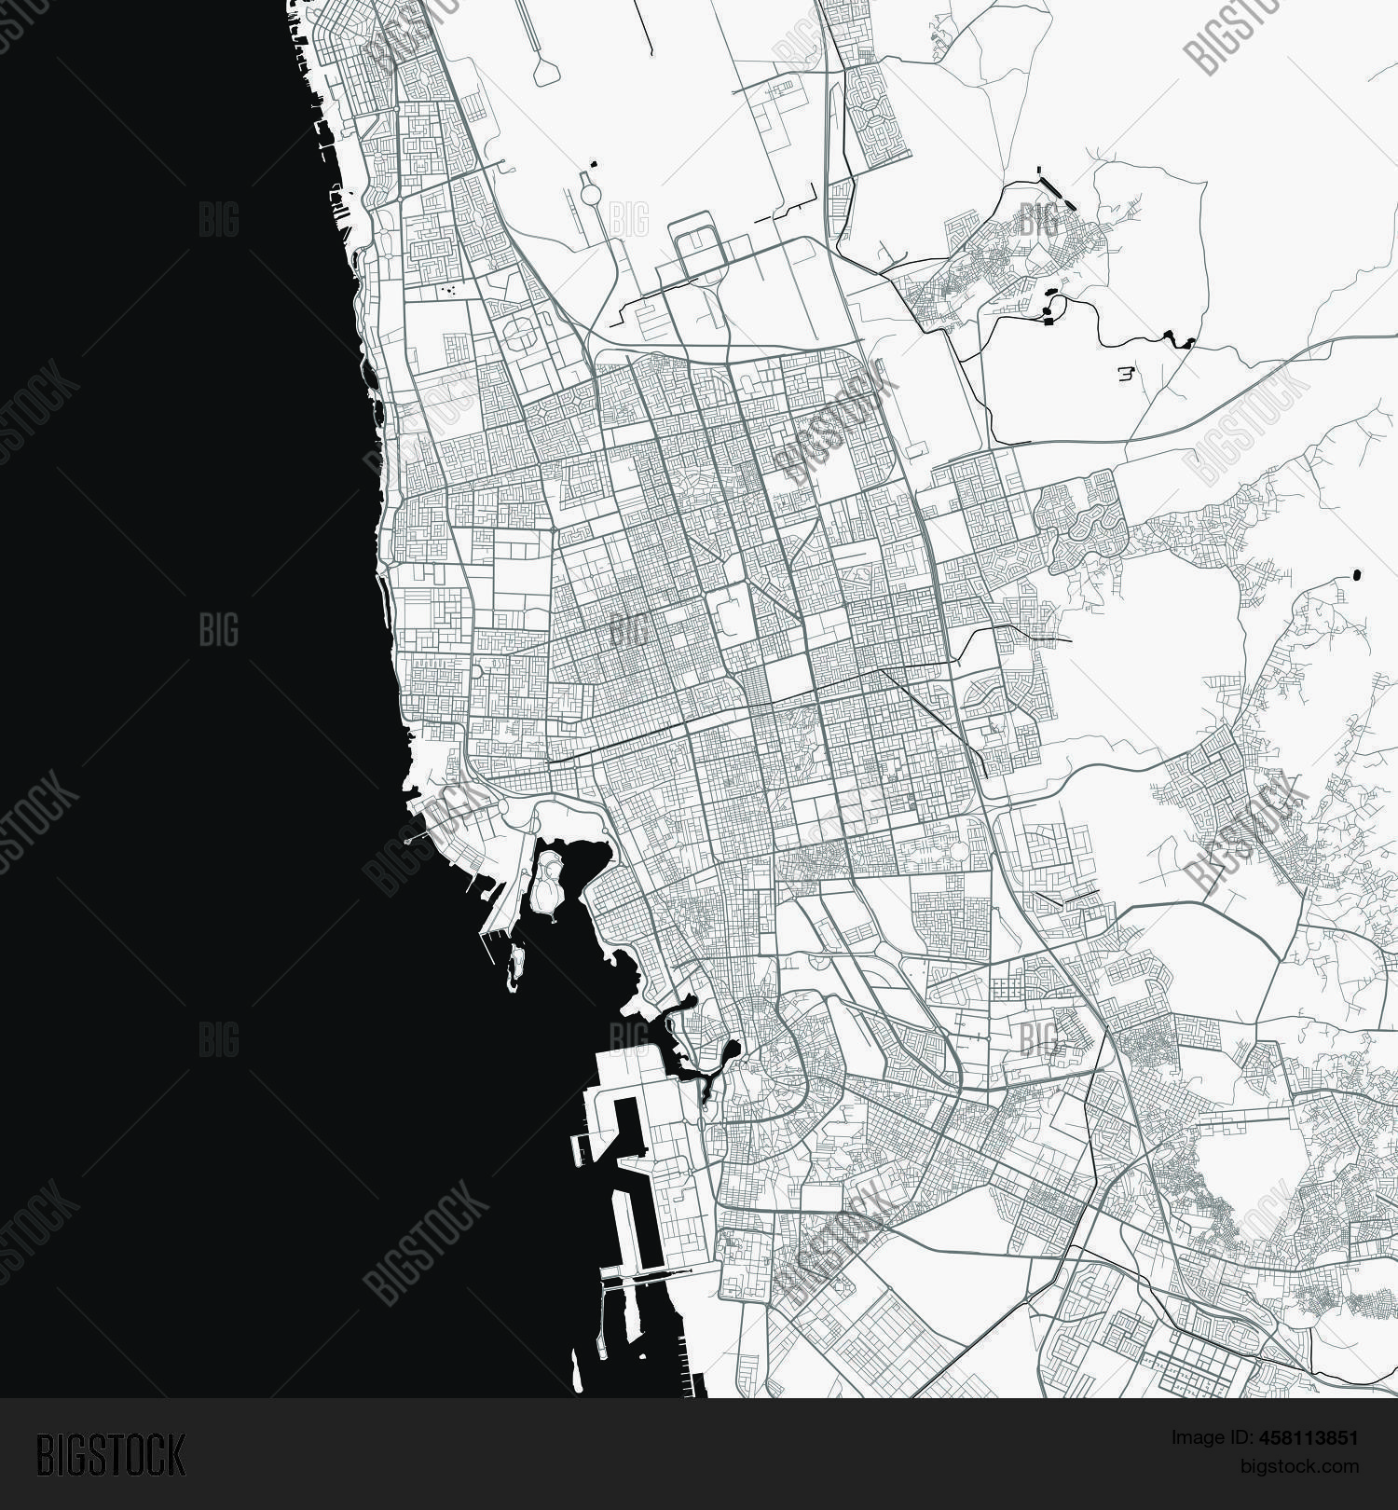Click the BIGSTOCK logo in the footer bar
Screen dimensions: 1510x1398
click(111, 1455)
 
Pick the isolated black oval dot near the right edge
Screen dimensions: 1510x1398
click(1355, 574)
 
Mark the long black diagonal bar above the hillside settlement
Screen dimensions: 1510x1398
click(1056, 185)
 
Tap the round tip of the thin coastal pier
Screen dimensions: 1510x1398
click(407, 842)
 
